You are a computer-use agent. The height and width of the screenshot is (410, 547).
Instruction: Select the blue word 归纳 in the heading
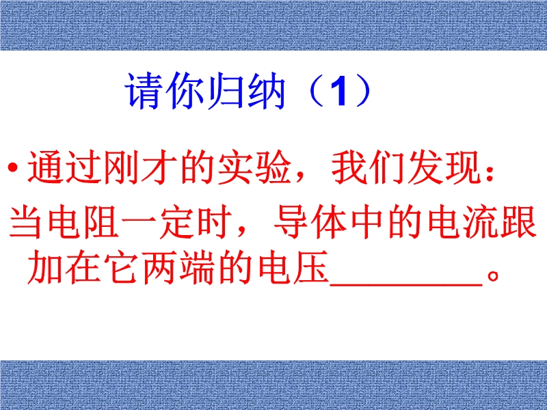(x=246, y=91)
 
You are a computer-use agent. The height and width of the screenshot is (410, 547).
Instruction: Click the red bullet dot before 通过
(x=13, y=167)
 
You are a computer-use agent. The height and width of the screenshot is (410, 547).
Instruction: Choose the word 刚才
(x=141, y=167)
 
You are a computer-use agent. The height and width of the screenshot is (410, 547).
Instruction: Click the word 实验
(x=254, y=167)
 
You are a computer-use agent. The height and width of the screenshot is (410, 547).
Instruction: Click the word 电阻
(x=84, y=223)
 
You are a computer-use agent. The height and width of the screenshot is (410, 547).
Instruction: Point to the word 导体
(x=312, y=223)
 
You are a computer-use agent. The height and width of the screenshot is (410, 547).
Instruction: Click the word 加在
(x=64, y=266)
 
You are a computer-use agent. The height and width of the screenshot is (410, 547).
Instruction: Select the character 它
(x=122, y=266)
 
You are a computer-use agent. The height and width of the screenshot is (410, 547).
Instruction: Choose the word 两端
(x=178, y=266)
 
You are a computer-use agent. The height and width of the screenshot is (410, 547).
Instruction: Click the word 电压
(x=293, y=266)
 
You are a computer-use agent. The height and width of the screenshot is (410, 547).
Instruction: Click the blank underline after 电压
(x=406, y=285)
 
